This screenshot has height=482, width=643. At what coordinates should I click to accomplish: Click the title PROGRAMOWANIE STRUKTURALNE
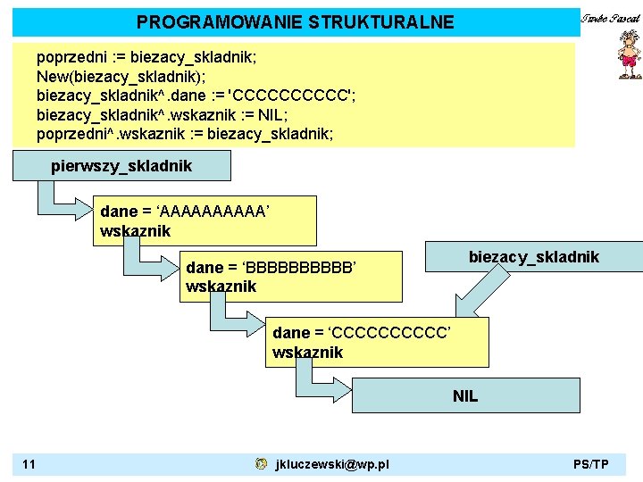[x=295, y=22]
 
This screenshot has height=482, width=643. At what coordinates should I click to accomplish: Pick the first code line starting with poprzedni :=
[x=146, y=57]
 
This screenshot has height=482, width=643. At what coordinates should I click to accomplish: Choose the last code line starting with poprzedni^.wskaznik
[x=185, y=134]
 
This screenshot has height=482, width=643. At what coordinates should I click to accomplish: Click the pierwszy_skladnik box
[x=121, y=166]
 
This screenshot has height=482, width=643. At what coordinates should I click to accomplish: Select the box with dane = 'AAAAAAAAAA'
[x=207, y=221]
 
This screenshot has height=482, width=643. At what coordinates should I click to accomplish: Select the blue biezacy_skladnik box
[x=533, y=258]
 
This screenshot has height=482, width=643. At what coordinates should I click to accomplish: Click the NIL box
[x=465, y=395]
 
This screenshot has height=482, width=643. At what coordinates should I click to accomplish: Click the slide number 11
[x=29, y=464]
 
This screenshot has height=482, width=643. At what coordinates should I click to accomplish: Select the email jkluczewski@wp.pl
[x=332, y=464]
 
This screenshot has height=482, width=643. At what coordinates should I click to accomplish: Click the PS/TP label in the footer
[x=591, y=464]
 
